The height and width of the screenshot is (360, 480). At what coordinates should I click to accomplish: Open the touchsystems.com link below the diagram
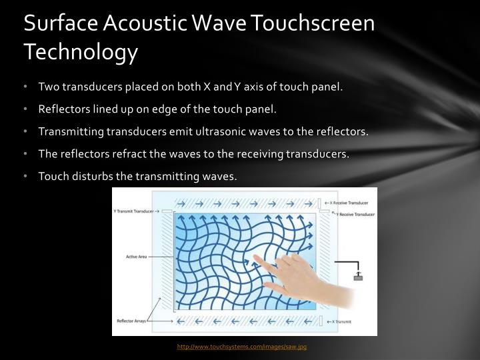241,347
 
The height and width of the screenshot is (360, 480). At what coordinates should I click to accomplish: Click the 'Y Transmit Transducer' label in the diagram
133,211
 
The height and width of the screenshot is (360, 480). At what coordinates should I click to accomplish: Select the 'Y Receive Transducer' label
354,215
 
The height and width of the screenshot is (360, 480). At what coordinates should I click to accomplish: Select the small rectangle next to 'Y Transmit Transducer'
167,212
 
